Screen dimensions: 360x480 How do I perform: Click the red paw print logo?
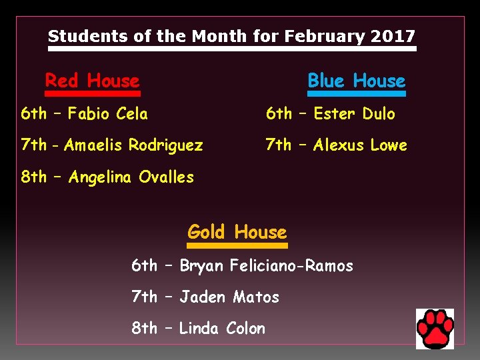click(x=435, y=329)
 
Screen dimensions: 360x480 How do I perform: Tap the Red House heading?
click(x=92, y=81)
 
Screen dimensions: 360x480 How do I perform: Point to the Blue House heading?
click(x=356, y=81)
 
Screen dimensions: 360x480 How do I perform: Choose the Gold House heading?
click(x=237, y=232)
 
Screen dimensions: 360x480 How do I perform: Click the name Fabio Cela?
click(x=108, y=114)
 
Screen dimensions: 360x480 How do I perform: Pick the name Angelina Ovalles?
click(x=131, y=177)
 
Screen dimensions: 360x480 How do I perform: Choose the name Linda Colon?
click(x=222, y=329)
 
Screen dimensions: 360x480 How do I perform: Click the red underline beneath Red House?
click(x=92, y=94)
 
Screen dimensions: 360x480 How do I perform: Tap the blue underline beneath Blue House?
click(x=356, y=94)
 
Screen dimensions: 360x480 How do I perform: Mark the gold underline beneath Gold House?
click(x=237, y=245)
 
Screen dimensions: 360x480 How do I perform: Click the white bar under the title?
click(x=232, y=49)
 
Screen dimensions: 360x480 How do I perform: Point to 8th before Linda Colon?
click(x=145, y=329)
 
